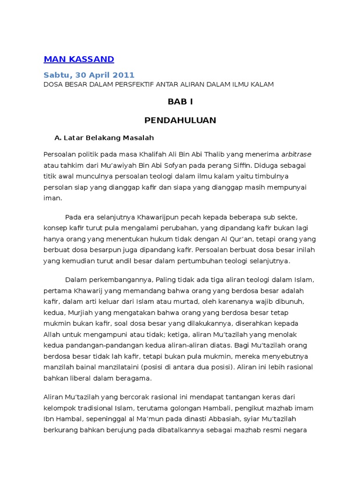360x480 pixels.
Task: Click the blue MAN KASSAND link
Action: pyautogui.click(x=79, y=59)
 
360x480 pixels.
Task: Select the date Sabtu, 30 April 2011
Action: pyautogui.click(x=89, y=75)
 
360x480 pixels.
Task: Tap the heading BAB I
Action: pyautogui.click(x=180, y=102)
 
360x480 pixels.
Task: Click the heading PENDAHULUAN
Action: pyautogui.click(x=180, y=120)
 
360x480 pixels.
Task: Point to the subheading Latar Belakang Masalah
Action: pyautogui.click(x=108, y=138)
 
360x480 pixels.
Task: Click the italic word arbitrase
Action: pyautogui.click(x=296, y=154)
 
